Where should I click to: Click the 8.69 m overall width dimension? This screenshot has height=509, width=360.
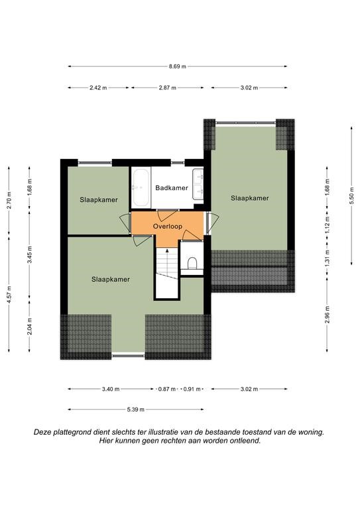coord(177,66)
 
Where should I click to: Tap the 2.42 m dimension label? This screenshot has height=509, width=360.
coord(98,87)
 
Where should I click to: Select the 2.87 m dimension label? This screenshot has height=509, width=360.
coord(168,87)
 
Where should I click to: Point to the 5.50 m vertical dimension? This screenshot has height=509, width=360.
coord(351,196)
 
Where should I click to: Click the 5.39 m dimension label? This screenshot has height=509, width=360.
coord(136,410)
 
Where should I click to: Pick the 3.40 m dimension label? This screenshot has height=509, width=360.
coord(111,389)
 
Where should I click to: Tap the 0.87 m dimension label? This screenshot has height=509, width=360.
coord(167,389)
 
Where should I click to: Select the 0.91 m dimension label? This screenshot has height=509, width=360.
coord(192,389)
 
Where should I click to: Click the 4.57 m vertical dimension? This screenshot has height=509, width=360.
coord(9,294)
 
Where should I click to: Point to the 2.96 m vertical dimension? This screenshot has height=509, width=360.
coord(328,315)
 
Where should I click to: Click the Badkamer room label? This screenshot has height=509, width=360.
coord(172,188)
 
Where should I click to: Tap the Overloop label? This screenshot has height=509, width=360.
coord(168,226)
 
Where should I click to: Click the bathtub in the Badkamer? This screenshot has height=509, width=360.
coord(141,188)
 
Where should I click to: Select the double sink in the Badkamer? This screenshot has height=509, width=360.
coord(198,184)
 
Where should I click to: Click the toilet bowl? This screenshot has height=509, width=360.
coord(192,263)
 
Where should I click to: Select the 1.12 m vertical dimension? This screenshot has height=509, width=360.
coord(328,225)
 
